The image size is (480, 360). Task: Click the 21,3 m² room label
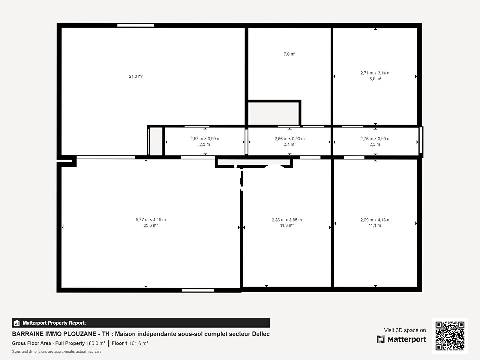(x=136, y=76)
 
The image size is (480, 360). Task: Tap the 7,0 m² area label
(x=290, y=54)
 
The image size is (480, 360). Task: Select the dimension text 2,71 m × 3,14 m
(x=375, y=73)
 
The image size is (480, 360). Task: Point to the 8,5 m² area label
(x=375, y=79)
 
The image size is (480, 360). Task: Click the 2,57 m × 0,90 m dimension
(x=205, y=139)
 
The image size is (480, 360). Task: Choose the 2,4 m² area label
(x=290, y=144)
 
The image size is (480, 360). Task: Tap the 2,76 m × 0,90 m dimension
(x=375, y=139)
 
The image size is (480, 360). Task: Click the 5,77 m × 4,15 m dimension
(x=151, y=220)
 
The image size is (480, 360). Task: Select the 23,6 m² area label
(x=151, y=225)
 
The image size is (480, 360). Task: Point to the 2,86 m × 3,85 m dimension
(x=287, y=220)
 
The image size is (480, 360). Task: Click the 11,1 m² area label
(x=375, y=225)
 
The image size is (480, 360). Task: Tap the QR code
(x=450, y=336)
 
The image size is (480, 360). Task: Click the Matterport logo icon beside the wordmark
(x=381, y=339)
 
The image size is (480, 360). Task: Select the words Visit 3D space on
(x=405, y=330)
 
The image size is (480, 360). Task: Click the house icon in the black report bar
(x=17, y=323)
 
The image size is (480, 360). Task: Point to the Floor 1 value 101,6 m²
(x=139, y=343)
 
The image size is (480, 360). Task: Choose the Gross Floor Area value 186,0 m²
(x=96, y=343)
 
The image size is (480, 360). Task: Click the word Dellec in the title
(x=261, y=334)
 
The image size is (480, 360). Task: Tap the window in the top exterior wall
(x=136, y=25)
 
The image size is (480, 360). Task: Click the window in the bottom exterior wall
(x=198, y=290)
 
